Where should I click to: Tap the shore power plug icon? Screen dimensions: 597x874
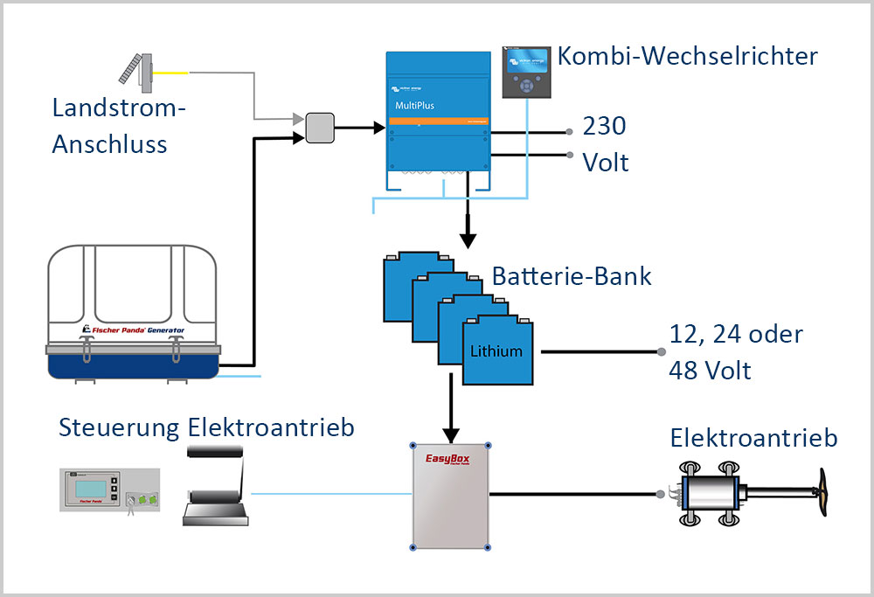[140, 69]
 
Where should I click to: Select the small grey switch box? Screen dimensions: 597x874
[319, 128]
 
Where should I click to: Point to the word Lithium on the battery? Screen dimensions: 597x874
[496, 351]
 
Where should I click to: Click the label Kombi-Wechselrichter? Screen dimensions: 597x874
[688, 57]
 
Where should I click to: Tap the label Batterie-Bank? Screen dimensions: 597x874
[572, 276]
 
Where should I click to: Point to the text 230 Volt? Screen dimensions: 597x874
[605, 144]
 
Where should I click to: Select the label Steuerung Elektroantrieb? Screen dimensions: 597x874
[206, 427]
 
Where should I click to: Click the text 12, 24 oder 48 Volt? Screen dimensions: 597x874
[734, 351]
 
